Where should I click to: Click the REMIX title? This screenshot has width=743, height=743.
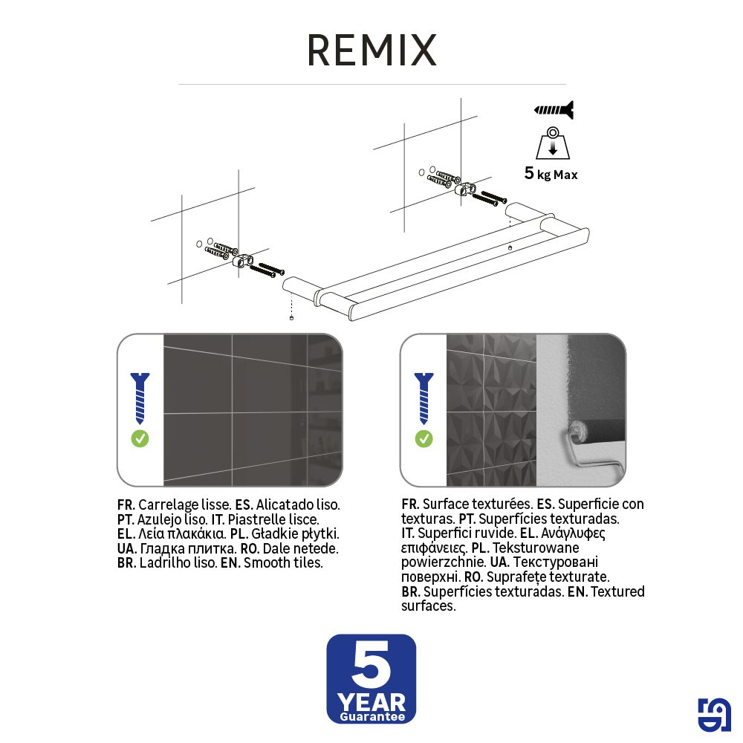pos(371,51)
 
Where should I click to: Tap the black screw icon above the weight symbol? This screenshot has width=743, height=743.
pos(554,111)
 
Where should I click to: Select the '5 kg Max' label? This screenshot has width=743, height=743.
pos(551,175)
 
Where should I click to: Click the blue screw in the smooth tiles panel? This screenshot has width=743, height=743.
pos(140,398)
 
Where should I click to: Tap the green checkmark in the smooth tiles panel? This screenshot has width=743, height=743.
pos(140,438)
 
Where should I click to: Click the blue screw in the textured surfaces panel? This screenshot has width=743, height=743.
pos(424,398)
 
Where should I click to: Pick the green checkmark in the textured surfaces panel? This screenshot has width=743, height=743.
pos(424,438)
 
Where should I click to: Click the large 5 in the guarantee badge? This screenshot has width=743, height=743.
pos(371,665)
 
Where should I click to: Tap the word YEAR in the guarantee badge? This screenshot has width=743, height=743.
pos(371,701)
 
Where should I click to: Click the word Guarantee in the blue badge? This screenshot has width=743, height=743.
pos(371,717)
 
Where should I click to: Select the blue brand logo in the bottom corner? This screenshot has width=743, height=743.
pos(714,716)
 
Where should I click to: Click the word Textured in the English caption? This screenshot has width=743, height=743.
pos(617,591)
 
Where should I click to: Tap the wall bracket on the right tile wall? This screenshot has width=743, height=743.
pos(466,189)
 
